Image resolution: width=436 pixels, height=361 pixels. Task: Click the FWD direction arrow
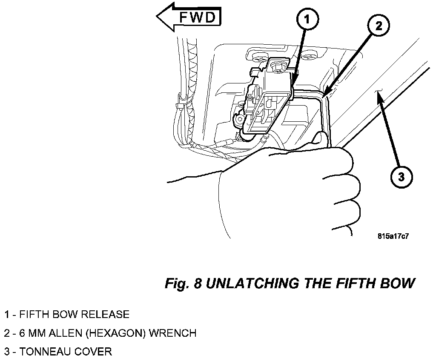[x=189, y=17]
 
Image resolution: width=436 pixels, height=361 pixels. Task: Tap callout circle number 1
[x=307, y=20]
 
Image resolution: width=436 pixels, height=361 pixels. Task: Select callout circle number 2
[x=379, y=26]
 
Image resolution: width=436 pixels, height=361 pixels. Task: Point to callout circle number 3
[x=401, y=177]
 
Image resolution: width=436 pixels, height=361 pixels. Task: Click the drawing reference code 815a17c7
[x=393, y=236]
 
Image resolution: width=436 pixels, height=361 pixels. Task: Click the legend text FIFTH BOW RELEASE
[x=74, y=314]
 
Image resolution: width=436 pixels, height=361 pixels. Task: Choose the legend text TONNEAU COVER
[x=65, y=352]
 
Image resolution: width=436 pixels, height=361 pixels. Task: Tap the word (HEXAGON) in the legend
[x=116, y=333]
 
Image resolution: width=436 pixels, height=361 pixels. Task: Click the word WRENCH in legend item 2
[x=173, y=333]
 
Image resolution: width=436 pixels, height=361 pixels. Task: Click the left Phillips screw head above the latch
[x=261, y=58]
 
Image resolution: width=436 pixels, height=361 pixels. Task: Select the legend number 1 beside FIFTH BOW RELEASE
[x=7, y=315]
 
